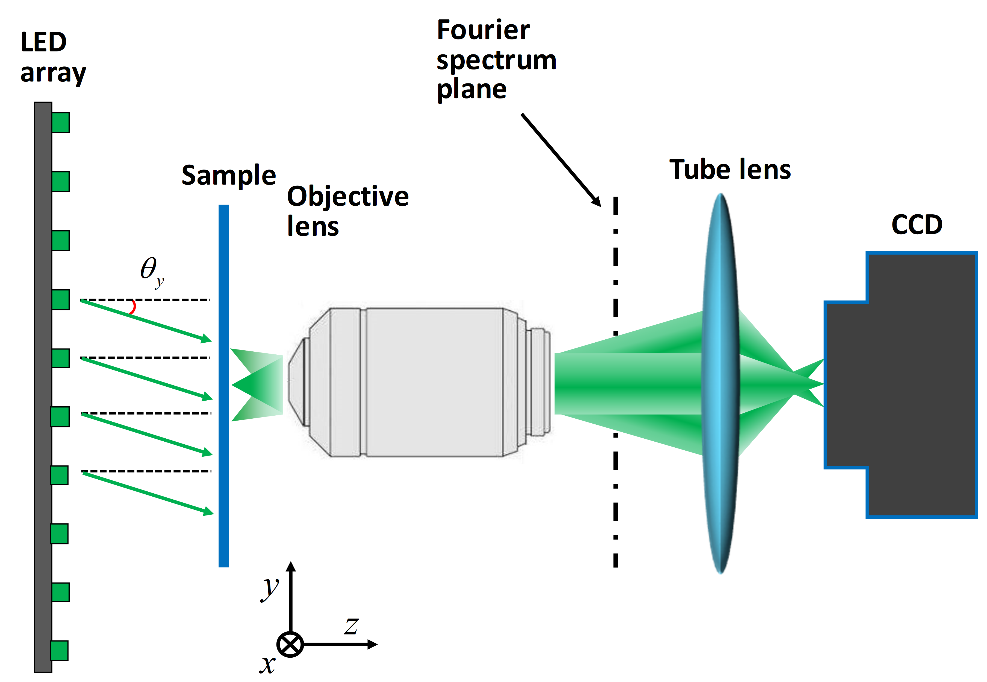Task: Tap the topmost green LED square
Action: point(60,122)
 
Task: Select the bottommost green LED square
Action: point(60,650)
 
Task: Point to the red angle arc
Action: point(131,307)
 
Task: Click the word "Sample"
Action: point(228,177)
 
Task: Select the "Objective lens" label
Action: point(347,210)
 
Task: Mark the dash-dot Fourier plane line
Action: point(615,400)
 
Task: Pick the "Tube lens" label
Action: point(730,169)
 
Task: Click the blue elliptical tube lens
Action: point(720,385)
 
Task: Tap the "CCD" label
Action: point(916,225)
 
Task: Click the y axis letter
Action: point(269,588)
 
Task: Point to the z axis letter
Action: point(351,627)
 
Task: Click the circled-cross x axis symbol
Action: point(290,644)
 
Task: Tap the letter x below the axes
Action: point(267,664)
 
